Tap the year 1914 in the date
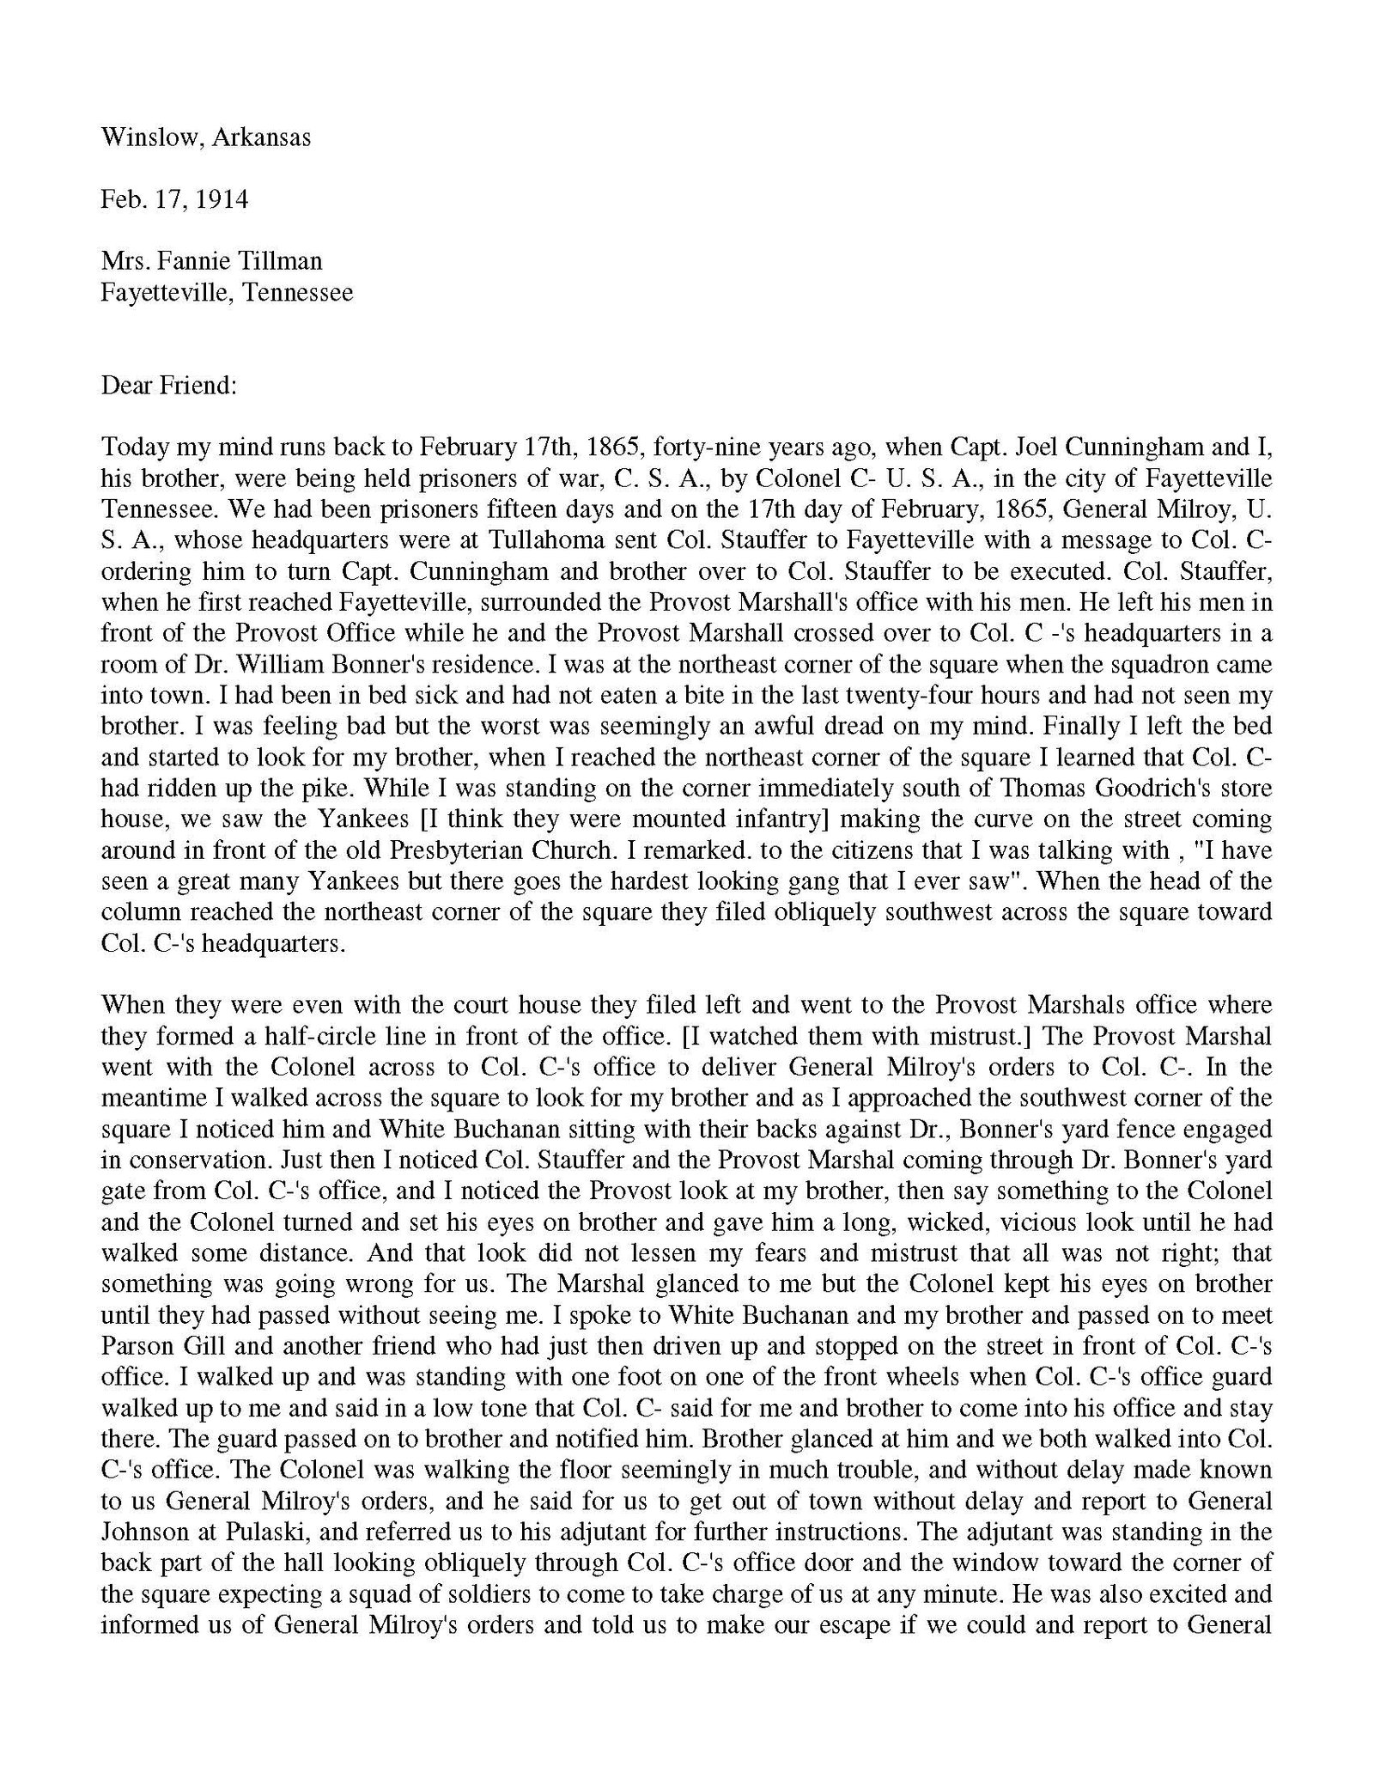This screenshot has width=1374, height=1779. pyautogui.click(x=222, y=199)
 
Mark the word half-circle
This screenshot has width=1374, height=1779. pyautogui.click(x=283, y=1036)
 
